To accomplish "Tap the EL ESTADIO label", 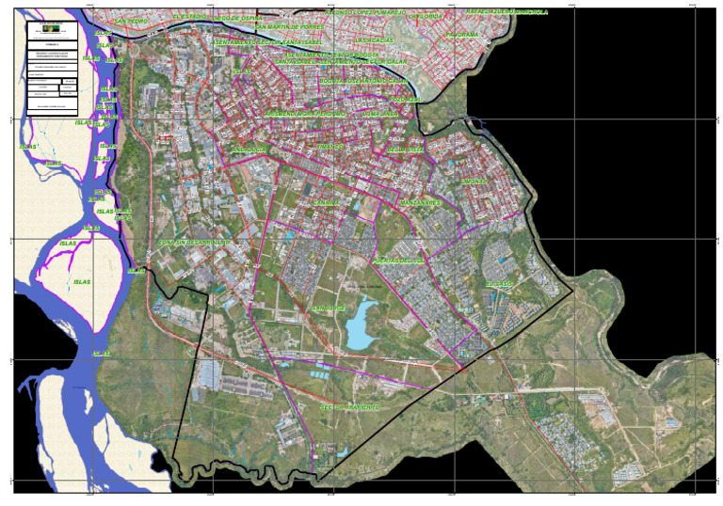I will point(189,16).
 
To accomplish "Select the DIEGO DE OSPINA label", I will point(238,18).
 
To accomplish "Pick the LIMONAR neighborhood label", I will point(474,181).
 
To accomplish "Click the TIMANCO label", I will point(329,148).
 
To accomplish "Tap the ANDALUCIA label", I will point(248,150).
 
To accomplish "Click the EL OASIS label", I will point(499,284).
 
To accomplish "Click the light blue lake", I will point(359,329).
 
